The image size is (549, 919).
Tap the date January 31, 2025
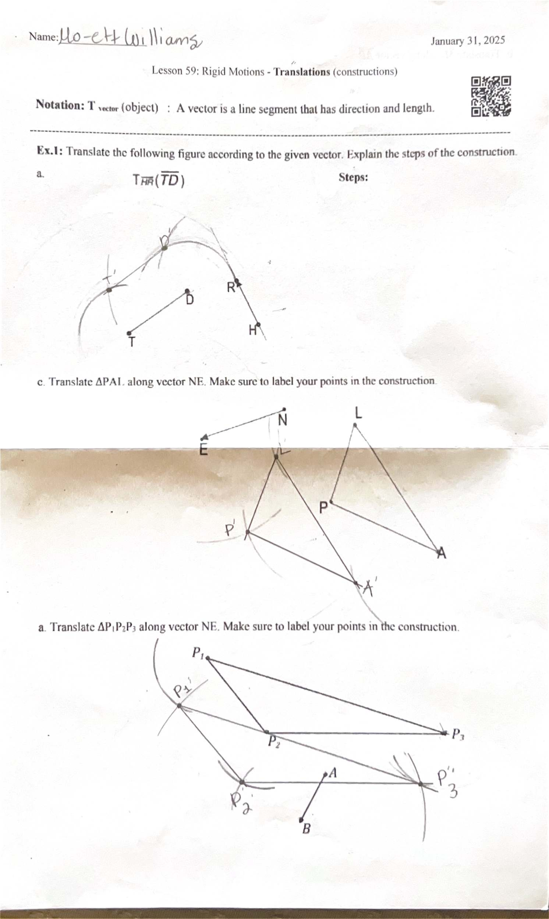click(468, 41)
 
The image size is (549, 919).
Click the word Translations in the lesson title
click(302, 72)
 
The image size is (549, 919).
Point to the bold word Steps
click(353, 178)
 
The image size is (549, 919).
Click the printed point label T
click(132, 341)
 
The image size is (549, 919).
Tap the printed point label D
click(189, 300)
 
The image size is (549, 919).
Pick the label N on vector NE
click(283, 419)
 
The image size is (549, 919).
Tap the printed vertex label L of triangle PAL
click(358, 414)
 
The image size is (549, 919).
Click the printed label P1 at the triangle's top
click(197, 652)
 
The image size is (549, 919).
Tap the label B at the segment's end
click(306, 828)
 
